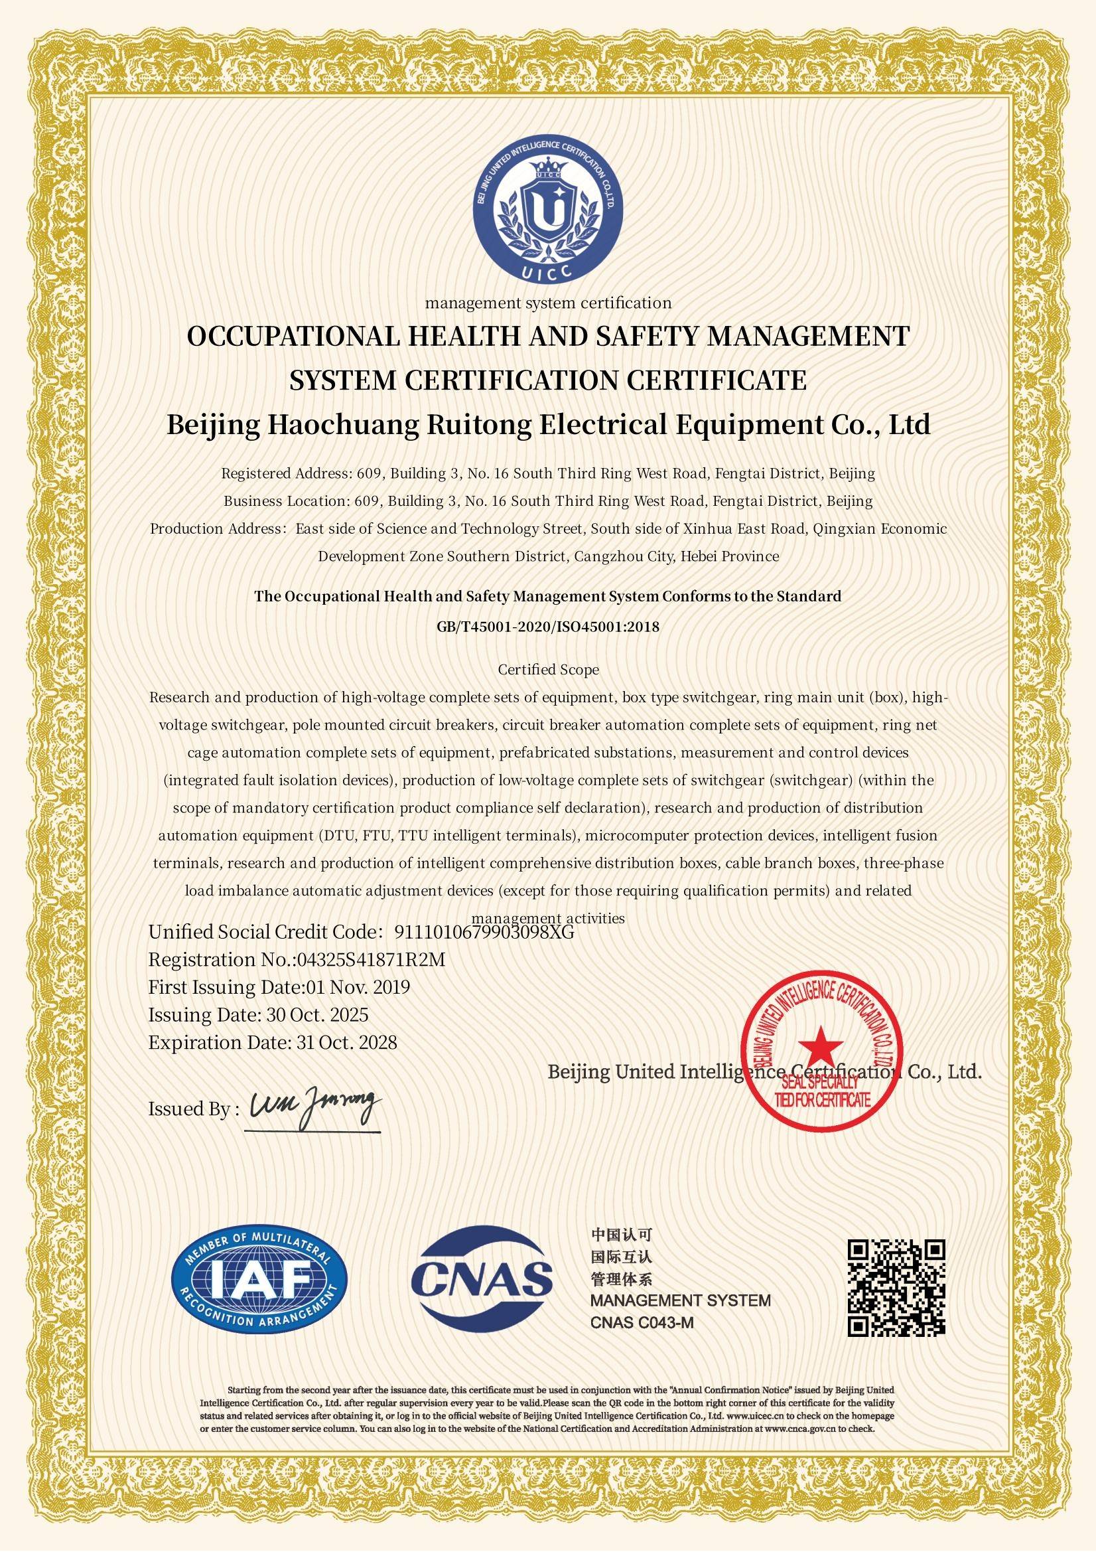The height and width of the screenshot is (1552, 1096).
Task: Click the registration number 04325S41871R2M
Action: click(372, 960)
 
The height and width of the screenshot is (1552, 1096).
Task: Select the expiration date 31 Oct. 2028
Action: click(346, 1042)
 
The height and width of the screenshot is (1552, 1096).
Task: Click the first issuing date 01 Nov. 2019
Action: click(358, 988)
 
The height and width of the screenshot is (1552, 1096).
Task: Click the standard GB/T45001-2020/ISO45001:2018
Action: click(548, 627)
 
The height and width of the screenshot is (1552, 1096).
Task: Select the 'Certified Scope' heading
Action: click(548, 670)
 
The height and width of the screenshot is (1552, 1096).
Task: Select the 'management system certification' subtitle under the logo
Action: click(548, 303)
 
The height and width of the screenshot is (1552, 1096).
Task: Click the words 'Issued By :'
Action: click(192, 1109)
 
